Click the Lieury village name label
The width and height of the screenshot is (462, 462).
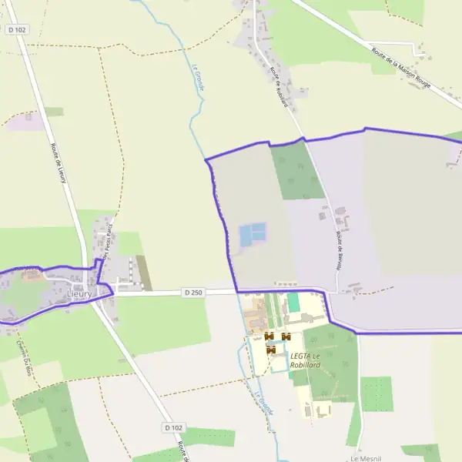(x=79, y=294)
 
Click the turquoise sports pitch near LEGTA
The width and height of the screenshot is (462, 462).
(x=293, y=303)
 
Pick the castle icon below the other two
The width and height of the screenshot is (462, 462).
(x=271, y=350)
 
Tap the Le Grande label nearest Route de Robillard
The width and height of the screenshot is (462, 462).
(x=197, y=77)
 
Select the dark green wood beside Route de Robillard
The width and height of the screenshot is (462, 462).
(x=296, y=171)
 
